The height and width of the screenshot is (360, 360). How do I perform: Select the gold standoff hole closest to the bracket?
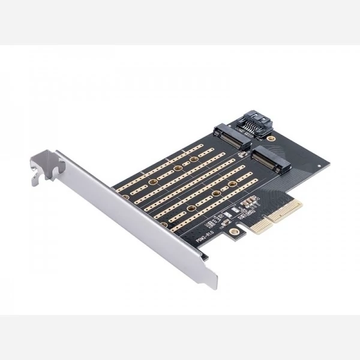126,197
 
